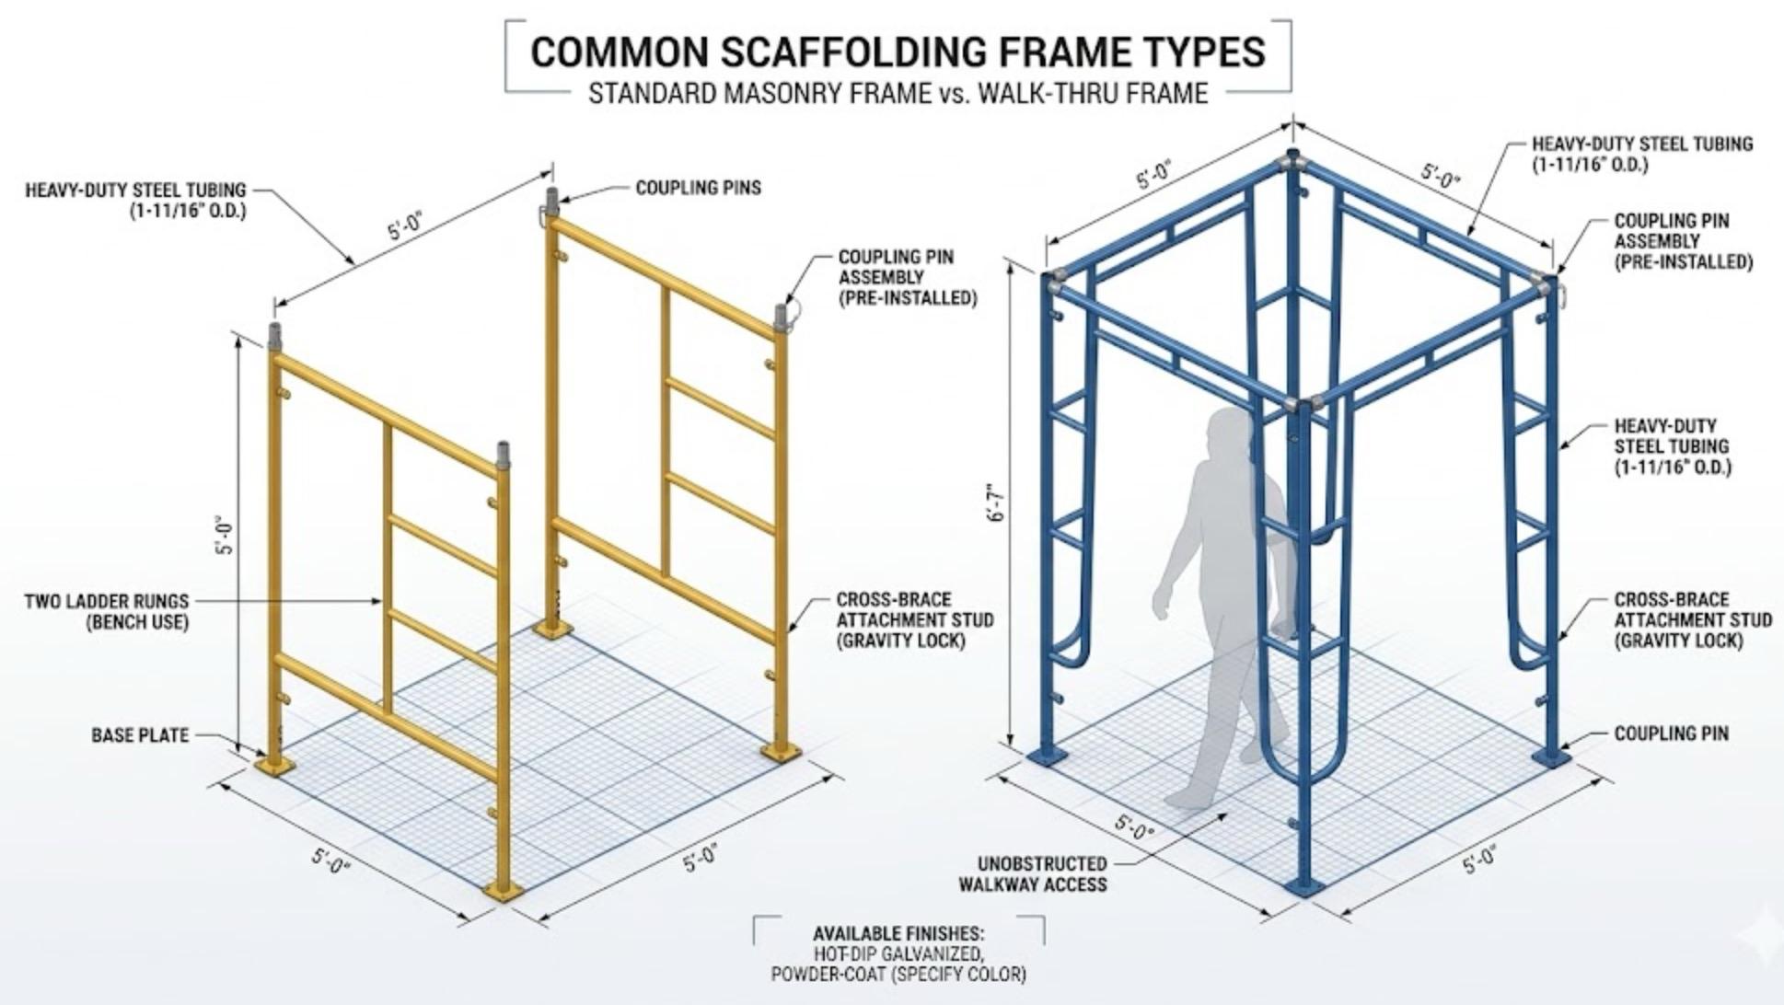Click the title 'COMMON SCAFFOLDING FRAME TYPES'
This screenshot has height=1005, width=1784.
pos(898,52)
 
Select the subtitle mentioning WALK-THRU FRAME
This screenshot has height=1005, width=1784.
pos(898,93)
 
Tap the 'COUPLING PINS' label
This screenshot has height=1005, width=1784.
pos(698,188)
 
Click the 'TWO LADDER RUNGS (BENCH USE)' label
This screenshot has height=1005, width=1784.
pos(106,611)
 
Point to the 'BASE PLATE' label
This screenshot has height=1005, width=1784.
pos(140,735)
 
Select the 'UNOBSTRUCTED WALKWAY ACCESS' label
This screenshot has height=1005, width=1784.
pos(1032,873)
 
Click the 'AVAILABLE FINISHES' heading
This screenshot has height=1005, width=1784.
pos(898,933)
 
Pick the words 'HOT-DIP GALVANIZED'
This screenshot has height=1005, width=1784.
pos(898,953)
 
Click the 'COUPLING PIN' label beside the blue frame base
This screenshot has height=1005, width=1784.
pos(1671,734)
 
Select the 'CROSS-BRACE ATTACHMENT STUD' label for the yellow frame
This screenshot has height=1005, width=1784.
pos(914,619)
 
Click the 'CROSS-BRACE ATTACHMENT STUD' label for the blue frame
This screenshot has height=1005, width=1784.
pos(1692,619)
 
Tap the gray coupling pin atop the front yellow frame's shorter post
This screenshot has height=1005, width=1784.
pos(504,456)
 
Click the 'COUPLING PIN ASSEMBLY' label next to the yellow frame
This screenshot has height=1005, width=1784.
pos(907,277)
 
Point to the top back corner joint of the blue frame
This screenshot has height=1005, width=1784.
pos(1292,158)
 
